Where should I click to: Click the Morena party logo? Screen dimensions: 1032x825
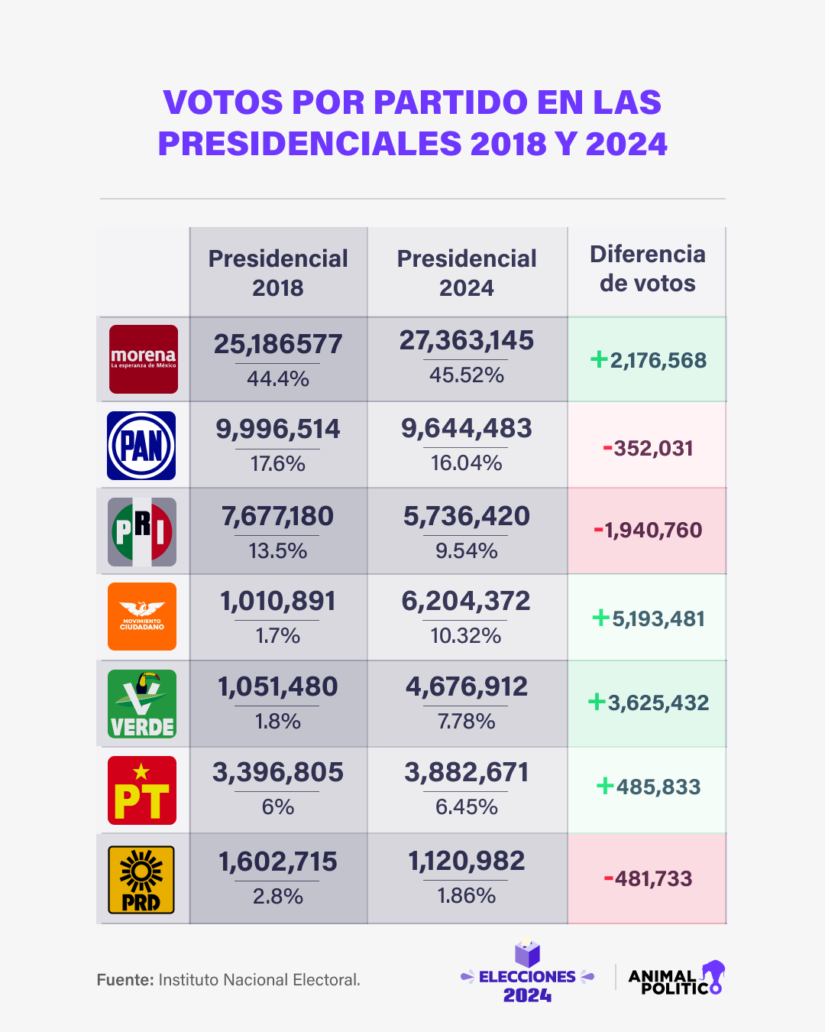coord(144,359)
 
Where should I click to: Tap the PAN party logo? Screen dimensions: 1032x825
coord(141,446)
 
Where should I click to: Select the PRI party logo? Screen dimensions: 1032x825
coord(142,532)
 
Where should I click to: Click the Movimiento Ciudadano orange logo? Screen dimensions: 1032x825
coord(142,617)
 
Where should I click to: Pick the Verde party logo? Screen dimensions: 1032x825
coord(142,703)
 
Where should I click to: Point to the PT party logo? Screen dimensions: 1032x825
coord(142,790)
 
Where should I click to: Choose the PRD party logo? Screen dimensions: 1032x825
coord(141,880)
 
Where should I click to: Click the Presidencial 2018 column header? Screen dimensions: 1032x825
coord(278,273)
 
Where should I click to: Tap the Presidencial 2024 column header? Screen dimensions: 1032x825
coord(467,273)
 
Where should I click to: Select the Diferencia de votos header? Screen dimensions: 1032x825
coord(647,268)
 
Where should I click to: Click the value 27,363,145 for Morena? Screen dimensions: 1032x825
coord(467,340)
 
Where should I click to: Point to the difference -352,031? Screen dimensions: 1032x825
coord(648,448)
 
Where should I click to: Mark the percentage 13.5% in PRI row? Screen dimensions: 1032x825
coord(278,551)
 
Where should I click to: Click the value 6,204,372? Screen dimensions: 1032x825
coord(466,601)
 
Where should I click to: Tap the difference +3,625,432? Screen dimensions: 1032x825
coord(649,703)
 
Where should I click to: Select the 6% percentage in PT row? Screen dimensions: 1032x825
coord(278,807)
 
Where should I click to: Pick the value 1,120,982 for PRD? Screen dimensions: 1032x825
coord(467,862)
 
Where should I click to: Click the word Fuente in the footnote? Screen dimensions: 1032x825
coord(125,980)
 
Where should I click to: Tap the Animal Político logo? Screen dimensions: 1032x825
coord(676,978)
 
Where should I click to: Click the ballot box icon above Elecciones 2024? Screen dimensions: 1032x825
coord(527,953)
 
